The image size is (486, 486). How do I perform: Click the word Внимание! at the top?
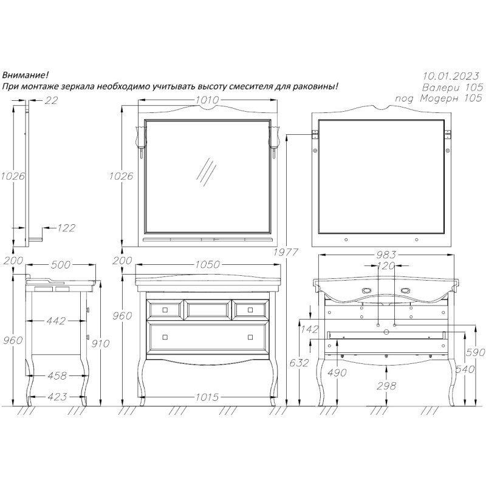click(x=26, y=75)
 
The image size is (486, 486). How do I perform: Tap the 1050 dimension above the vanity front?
click(x=207, y=265)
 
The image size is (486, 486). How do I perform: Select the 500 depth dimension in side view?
click(x=61, y=265)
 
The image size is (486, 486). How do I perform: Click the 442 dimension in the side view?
click(x=56, y=321)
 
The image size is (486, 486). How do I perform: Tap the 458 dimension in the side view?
click(x=56, y=377)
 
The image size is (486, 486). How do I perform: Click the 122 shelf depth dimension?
click(x=66, y=228)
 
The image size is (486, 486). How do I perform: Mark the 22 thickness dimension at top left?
click(x=51, y=101)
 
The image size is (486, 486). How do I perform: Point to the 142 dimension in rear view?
click(x=310, y=330)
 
